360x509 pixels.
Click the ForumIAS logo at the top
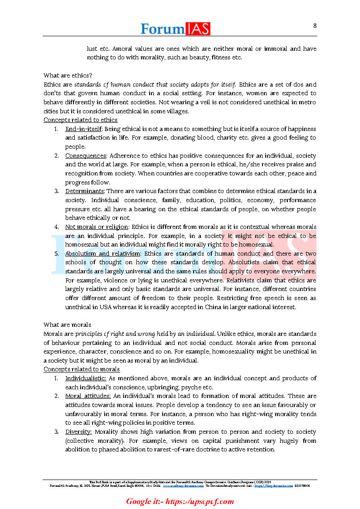tap(175, 29)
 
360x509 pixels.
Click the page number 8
tap(315, 25)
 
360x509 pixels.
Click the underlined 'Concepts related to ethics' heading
tap(80, 120)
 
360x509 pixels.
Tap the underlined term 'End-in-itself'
tap(84, 129)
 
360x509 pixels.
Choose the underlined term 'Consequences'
tap(85, 155)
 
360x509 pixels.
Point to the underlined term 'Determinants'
tap(85, 191)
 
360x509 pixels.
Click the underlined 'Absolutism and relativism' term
tap(103, 253)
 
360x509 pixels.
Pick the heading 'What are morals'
tap(67, 325)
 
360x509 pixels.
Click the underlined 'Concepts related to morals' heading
tap(82, 369)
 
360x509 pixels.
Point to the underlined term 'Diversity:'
tap(78, 431)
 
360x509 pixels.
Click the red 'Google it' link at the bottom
tap(180, 501)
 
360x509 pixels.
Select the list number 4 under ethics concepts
tap(56, 227)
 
